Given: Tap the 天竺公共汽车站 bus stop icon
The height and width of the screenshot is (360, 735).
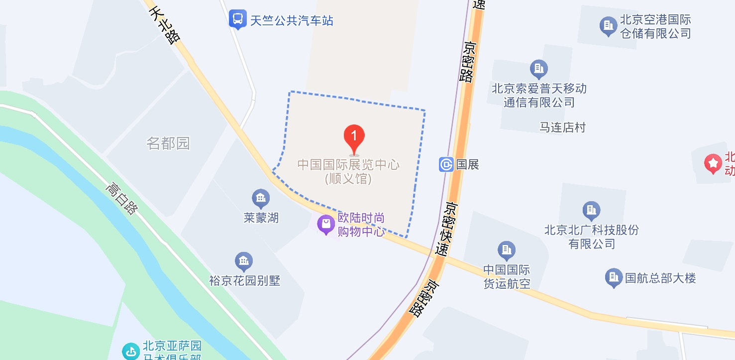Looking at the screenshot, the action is coord(238,20).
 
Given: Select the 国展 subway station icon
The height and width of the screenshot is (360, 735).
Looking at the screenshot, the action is coord(446,164).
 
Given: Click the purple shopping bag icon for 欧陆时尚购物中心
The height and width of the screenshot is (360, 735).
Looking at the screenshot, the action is coord(326,225).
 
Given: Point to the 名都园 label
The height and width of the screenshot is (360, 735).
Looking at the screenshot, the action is coord(168,144).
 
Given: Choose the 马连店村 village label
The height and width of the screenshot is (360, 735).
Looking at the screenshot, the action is coord(563,127).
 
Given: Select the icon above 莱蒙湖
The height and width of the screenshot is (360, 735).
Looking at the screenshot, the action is coord(261,199).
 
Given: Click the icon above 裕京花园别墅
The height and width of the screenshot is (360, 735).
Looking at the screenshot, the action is coord(244,261).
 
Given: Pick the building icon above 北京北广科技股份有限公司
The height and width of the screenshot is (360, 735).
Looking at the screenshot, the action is coord(591,211).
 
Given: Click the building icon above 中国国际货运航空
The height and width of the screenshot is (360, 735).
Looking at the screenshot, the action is coord(507,250).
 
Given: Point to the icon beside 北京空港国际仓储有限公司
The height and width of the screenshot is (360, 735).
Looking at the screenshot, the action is coord(608,26).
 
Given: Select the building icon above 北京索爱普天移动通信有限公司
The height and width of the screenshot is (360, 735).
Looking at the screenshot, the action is coord(538,68).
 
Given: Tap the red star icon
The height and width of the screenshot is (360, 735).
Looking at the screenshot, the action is coord(714,163).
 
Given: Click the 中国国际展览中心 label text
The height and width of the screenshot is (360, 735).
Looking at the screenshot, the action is coord(348,164).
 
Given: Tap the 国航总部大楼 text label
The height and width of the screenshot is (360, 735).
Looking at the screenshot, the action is coord(660,278).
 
